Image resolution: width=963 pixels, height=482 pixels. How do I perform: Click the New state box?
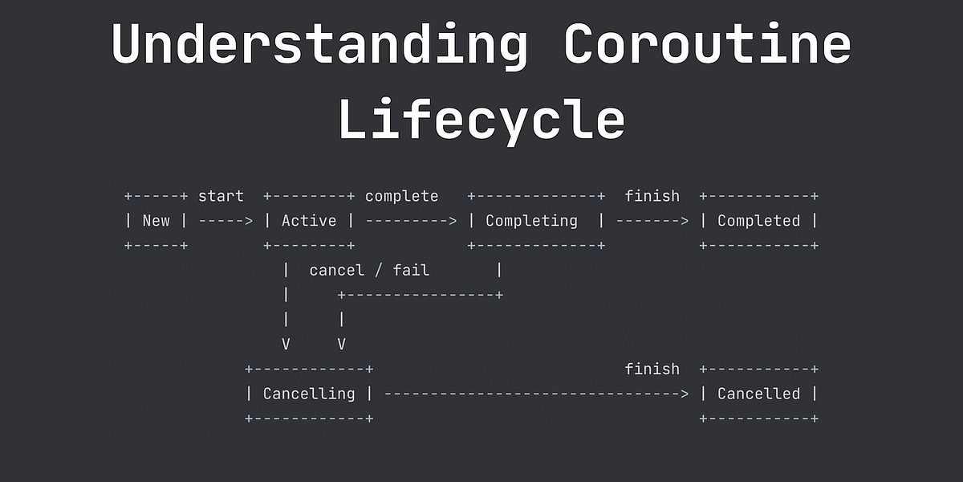(x=156, y=220)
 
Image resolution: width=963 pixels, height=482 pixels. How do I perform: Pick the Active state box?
(x=309, y=220)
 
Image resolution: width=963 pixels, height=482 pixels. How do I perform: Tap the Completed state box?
(x=759, y=220)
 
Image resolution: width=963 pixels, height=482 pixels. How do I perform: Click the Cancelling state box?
(x=309, y=394)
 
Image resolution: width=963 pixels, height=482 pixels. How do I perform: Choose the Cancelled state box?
(x=759, y=394)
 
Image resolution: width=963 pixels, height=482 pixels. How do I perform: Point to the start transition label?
(x=221, y=196)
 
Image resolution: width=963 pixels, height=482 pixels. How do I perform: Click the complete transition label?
(x=402, y=196)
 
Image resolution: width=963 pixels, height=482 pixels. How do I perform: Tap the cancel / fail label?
(x=369, y=270)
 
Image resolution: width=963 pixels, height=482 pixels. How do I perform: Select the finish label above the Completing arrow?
(x=652, y=196)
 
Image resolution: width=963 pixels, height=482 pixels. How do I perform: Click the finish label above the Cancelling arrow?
(x=652, y=370)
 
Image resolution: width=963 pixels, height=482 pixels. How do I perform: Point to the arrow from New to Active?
(x=226, y=220)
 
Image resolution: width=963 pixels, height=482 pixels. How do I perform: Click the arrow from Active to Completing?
(x=411, y=220)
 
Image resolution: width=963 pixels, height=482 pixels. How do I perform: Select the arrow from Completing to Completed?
(x=652, y=220)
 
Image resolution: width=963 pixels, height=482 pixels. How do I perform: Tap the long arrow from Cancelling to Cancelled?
(x=536, y=394)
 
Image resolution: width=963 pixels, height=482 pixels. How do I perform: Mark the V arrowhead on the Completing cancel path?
(x=342, y=345)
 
